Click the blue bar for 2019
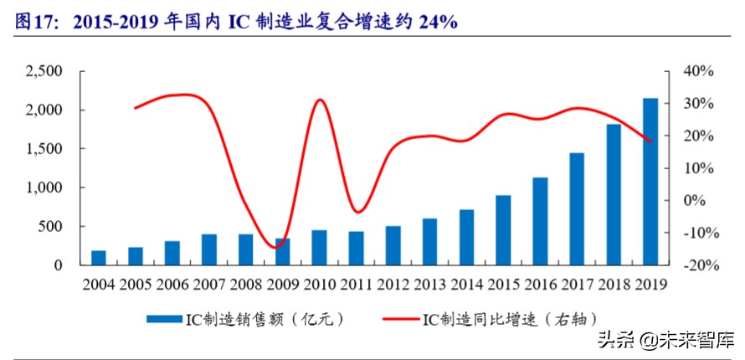point(650,182)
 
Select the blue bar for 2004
point(98,258)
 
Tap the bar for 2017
point(576,209)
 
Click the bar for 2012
point(393,245)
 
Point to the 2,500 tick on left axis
point(44,72)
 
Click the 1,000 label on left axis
point(44,188)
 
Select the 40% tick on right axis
point(698,72)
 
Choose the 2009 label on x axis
point(283,284)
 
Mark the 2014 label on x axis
point(466,284)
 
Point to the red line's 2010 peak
point(320,100)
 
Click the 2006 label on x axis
point(172,284)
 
